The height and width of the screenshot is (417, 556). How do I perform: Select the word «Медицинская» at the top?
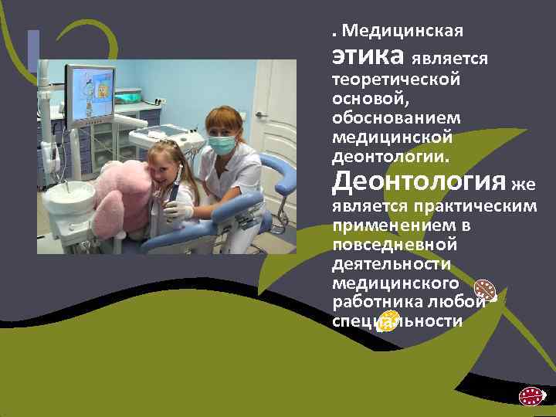point(402,32)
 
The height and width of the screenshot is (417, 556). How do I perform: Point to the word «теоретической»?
point(396,80)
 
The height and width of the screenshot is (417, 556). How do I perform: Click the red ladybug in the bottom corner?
point(531,397)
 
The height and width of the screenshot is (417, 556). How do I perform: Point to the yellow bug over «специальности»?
point(388,320)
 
